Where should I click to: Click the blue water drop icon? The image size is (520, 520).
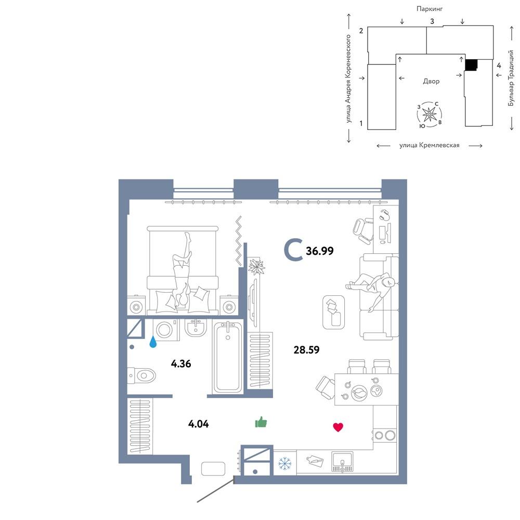pos(153,342)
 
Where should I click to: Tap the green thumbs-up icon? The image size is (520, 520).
pos(261,422)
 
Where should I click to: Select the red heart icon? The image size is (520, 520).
pos(338,427)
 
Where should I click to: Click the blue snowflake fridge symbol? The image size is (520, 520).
pos(284,463)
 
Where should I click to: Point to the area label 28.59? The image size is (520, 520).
pos(306,350)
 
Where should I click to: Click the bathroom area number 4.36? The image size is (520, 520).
pos(181,364)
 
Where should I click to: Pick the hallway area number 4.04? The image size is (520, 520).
pos(198,424)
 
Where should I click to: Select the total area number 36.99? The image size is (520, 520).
pos(320,251)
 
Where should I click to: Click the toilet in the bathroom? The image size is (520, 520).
pos(141,376)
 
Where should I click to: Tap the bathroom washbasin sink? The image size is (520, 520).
pos(196,328)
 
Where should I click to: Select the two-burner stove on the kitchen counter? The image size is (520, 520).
pos(385,435)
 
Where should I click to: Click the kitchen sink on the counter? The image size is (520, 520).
pos(342,462)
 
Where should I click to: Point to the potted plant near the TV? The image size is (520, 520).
pos(256,266)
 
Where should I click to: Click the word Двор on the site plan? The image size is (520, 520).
pos(431,81)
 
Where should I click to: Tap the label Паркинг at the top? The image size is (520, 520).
pos(430,9)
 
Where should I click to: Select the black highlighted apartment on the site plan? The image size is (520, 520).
pos(471,65)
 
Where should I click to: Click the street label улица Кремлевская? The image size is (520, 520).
pos(430,145)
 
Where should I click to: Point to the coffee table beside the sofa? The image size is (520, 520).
pos(334,313)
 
